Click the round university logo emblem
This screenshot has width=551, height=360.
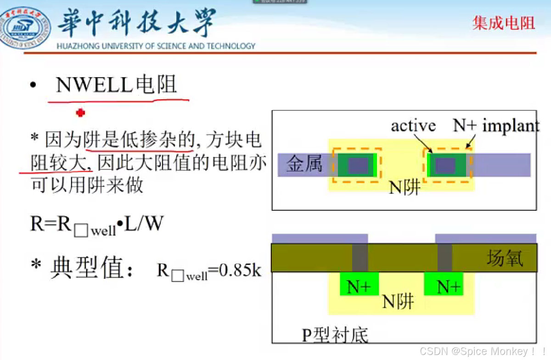click(x=24, y=28)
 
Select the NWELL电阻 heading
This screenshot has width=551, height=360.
click(x=116, y=85)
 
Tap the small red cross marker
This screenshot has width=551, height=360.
click(x=81, y=112)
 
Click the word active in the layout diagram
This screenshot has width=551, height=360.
click(x=413, y=125)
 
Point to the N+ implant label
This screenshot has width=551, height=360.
click(x=496, y=125)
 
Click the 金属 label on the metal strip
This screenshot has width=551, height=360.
click(x=304, y=164)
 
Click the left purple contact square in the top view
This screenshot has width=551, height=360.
click(x=358, y=165)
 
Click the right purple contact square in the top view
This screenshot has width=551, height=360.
click(x=445, y=165)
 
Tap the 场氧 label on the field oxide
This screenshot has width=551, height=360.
click(x=505, y=260)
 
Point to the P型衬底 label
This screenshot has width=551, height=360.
click(x=335, y=335)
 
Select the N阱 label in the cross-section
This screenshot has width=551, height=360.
click(x=399, y=302)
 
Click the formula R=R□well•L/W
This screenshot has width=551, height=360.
click(x=97, y=225)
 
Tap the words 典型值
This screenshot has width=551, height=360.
click(x=87, y=269)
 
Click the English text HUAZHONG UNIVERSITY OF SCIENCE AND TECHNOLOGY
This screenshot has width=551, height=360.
click(x=156, y=46)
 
